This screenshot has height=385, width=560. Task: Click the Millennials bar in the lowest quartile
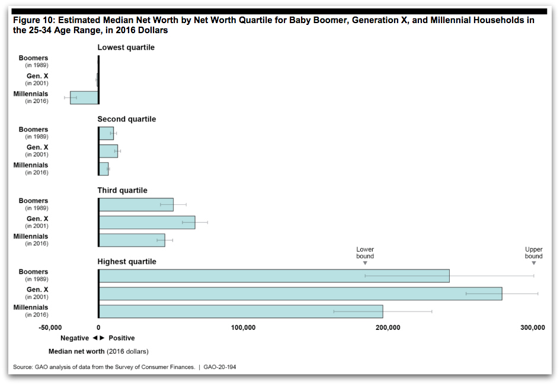[x=84, y=98]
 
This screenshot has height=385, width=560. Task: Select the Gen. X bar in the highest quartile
[x=300, y=294]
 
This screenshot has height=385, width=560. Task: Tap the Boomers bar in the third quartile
[x=136, y=205]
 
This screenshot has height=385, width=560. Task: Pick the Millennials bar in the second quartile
[x=104, y=169]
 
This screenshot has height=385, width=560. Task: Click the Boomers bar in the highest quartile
[x=274, y=276]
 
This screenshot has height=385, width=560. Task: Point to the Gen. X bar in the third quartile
[x=147, y=222]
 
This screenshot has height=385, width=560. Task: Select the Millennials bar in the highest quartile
[x=241, y=312]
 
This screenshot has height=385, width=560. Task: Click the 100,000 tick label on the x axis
[x=243, y=328]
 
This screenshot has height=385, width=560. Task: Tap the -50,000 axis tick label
[x=50, y=328]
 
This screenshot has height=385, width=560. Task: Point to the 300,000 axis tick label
[x=533, y=328]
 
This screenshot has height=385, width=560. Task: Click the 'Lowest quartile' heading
[x=126, y=47]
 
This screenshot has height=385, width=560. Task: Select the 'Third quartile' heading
[x=123, y=191]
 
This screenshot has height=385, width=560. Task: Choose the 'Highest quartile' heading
[x=127, y=262]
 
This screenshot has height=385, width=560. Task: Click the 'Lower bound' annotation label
[x=365, y=253]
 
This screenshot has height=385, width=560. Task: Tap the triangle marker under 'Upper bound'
[x=534, y=264]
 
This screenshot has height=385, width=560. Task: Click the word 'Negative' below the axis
[x=75, y=338]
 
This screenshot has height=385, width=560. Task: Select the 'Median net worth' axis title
[x=76, y=351]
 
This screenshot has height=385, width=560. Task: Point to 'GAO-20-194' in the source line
[x=220, y=367]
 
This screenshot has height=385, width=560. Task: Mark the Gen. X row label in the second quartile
[x=37, y=147]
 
